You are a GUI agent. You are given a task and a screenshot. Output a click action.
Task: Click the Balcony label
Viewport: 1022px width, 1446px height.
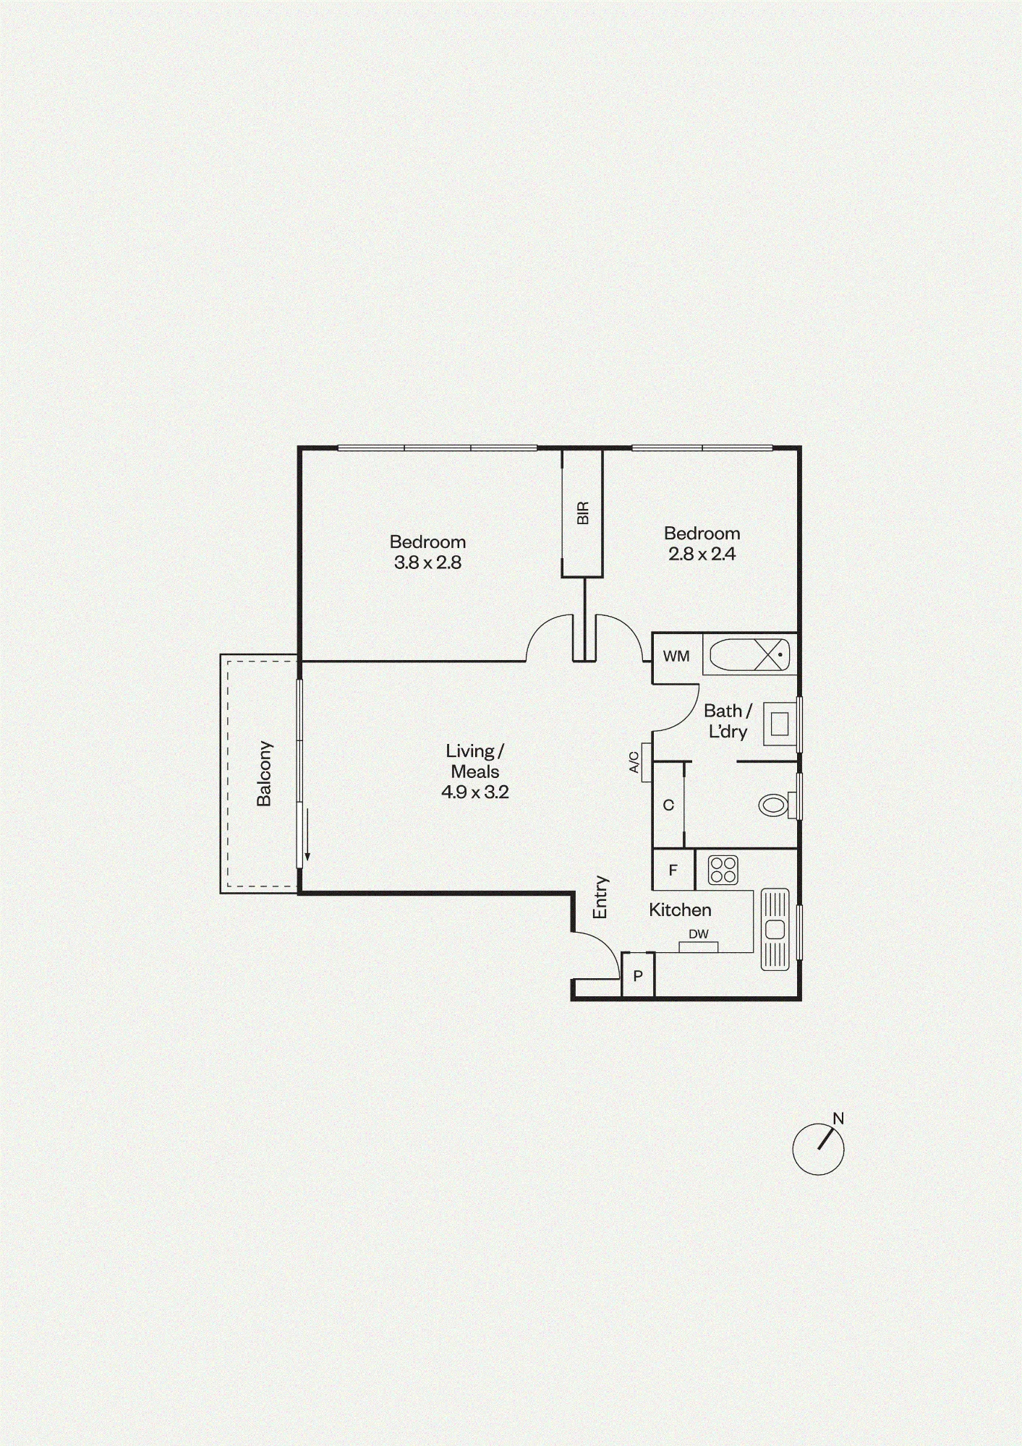point(265,773)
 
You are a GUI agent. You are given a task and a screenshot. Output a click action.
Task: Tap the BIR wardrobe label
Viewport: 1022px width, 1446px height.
point(583,513)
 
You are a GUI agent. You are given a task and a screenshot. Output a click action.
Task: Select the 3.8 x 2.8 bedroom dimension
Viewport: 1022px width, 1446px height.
point(427,562)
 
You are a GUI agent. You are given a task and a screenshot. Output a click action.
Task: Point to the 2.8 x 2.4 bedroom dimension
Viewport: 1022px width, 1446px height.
point(702,554)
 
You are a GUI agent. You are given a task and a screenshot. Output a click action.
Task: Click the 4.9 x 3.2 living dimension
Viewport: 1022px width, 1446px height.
point(475,792)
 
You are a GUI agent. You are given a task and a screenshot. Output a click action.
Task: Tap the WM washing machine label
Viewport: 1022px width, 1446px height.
point(676,656)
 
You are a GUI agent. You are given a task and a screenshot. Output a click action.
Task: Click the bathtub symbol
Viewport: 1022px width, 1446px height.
point(749,655)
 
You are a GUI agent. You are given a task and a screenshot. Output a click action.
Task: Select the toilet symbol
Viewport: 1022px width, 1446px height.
point(777,805)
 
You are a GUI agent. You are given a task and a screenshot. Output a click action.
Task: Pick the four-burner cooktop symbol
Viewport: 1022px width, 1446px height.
point(723,870)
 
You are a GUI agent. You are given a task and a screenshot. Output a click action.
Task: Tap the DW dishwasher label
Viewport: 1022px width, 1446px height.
point(699,934)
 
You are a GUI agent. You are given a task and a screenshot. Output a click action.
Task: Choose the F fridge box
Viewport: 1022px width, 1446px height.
point(673,870)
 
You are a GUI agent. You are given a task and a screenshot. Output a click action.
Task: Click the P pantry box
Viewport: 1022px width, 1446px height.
point(638,975)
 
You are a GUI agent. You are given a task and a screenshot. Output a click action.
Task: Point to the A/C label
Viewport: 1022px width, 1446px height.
point(634,762)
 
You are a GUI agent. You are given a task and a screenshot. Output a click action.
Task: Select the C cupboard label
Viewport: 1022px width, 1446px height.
point(668,805)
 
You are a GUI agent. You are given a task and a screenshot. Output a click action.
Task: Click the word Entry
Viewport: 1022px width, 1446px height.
point(600,897)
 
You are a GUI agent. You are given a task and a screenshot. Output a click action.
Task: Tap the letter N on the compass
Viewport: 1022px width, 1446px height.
point(838,1118)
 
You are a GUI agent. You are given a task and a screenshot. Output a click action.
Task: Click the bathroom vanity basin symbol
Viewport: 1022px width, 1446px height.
point(780,724)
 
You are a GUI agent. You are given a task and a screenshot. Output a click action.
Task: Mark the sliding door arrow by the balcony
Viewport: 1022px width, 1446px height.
point(307,834)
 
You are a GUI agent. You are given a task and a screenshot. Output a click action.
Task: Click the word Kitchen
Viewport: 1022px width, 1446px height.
point(680,910)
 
